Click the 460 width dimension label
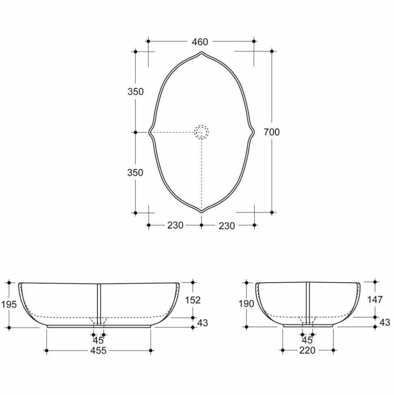click(x=200, y=42)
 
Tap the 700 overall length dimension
click(x=272, y=132)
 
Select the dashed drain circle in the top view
click(x=201, y=132)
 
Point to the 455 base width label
click(x=98, y=350)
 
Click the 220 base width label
click(x=307, y=350)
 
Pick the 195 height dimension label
click(x=9, y=304)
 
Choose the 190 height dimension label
click(x=246, y=304)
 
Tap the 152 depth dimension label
click(x=193, y=300)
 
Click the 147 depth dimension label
click(x=375, y=299)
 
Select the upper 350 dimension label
click(x=136, y=92)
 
